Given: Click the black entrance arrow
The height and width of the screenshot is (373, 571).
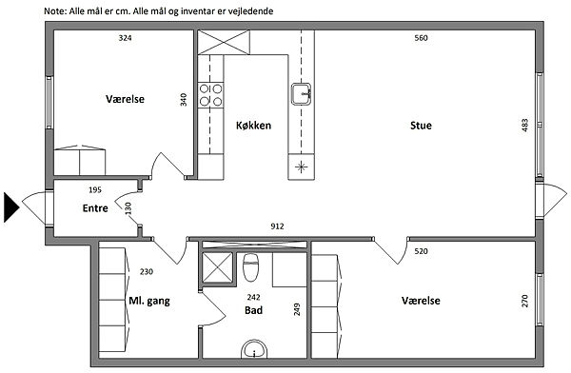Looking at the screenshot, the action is (10, 207).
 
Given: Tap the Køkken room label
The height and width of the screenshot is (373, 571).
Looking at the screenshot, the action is (253, 126).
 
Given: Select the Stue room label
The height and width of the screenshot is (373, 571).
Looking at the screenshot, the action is (421, 126).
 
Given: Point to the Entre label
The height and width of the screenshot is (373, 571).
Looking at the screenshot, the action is (95, 208).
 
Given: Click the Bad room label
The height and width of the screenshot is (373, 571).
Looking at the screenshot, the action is (253, 310).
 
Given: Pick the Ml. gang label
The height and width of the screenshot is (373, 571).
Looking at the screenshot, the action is (149, 302).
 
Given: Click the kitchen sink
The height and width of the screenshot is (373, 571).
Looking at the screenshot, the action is (301, 94).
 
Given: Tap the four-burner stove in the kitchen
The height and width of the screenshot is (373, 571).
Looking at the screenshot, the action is (210, 95).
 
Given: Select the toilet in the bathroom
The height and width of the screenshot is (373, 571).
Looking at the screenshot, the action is (250, 267).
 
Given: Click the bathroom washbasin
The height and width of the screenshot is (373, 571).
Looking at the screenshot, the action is (254, 350).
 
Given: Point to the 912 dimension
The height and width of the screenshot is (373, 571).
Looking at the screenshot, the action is (277, 226).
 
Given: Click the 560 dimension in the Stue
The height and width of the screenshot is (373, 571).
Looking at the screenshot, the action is (421, 38).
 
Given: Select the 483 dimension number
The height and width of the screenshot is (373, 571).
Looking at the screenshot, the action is (524, 126).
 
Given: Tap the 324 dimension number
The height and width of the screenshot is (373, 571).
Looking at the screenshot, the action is (125, 38).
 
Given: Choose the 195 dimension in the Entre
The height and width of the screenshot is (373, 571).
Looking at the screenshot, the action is (95, 189).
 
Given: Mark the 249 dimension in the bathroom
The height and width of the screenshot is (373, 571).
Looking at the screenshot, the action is (297, 309).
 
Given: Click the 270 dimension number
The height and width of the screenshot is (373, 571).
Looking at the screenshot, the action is (524, 301).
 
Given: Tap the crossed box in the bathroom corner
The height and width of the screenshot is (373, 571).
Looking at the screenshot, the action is (217, 267).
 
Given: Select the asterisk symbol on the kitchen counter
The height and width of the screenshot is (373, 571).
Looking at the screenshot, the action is (301, 167).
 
